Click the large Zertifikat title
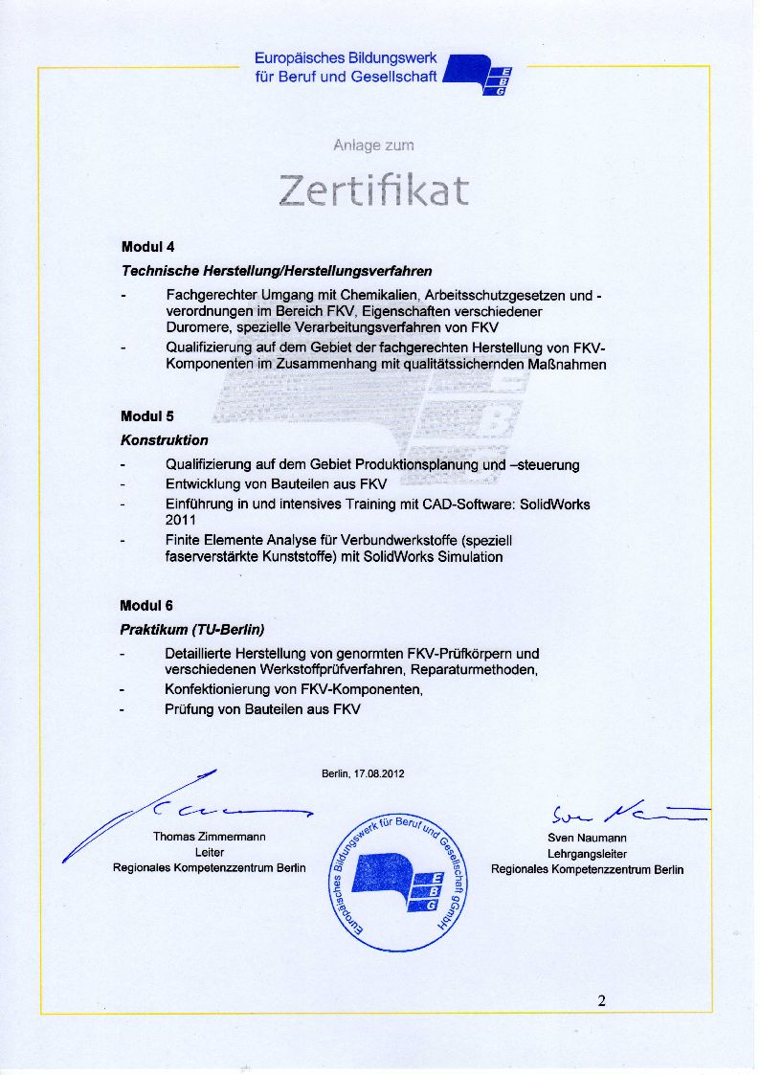click(x=374, y=190)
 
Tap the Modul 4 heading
click(x=147, y=247)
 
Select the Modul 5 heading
click(x=147, y=416)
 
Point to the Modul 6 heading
click(x=146, y=606)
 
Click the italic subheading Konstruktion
click(x=164, y=440)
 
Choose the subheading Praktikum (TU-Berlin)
click(x=191, y=630)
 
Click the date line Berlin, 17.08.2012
click(x=363, y=773)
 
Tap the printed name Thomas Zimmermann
click(x=210, y=837)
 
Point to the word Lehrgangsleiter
click(x=587, y=853)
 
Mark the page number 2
click(x=601, y=1001)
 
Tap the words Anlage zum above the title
click(x=373, y=146)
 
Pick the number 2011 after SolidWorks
click(x=182, y=520)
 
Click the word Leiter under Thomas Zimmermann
click(x=210, y=852)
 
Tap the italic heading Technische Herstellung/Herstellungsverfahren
click(x=277, y=272)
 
